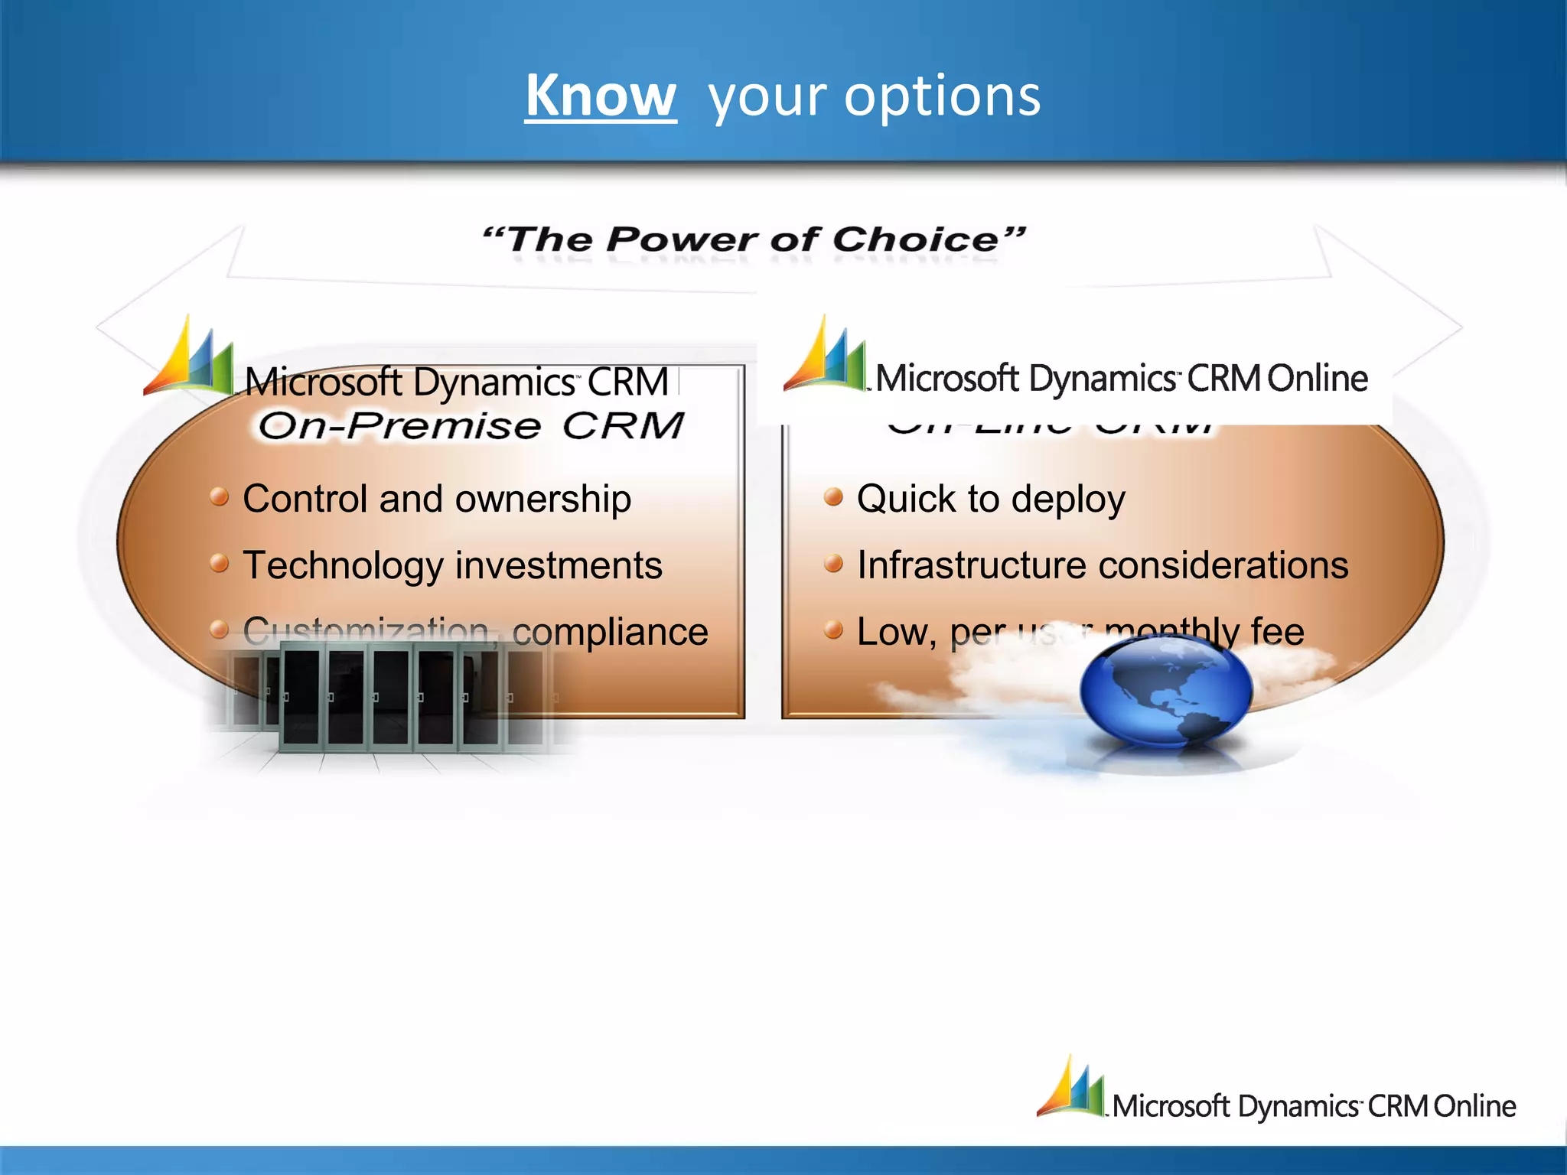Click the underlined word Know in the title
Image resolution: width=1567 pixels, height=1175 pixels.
pyautogui.click(x=601, y=96)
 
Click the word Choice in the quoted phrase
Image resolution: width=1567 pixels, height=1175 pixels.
pyautogui.click(x=915, y=240)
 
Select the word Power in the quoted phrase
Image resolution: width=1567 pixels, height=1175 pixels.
pyautogui.click(x=682, y=240)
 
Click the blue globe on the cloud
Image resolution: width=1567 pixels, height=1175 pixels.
pyautogui.click(x=1165, y=689)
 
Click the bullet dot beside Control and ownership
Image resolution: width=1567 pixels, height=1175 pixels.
pyautogui.click(x=220, y=497)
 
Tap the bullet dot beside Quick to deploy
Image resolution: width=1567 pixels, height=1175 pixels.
pyautogui.click(x=833, y=497)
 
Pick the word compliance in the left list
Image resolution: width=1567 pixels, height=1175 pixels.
pyautogui.click(x=610, y=632)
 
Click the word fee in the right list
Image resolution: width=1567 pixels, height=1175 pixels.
pyautogui.click(x=1277, y=632)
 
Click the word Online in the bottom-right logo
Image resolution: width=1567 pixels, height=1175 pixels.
pyautogui.click(x=1474, y=1106)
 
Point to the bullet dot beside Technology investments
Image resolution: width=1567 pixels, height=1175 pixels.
pyautogui.click(x=220, y=564)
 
